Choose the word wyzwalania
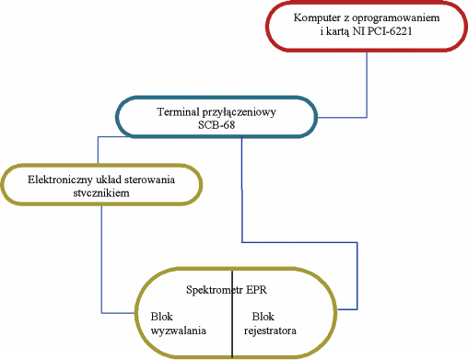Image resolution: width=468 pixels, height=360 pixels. point(178,327)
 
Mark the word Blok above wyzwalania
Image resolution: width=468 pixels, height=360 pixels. point(161,314)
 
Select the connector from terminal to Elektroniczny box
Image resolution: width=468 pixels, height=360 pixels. point(99,149)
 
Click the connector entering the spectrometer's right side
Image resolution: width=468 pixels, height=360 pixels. point(357,276)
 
